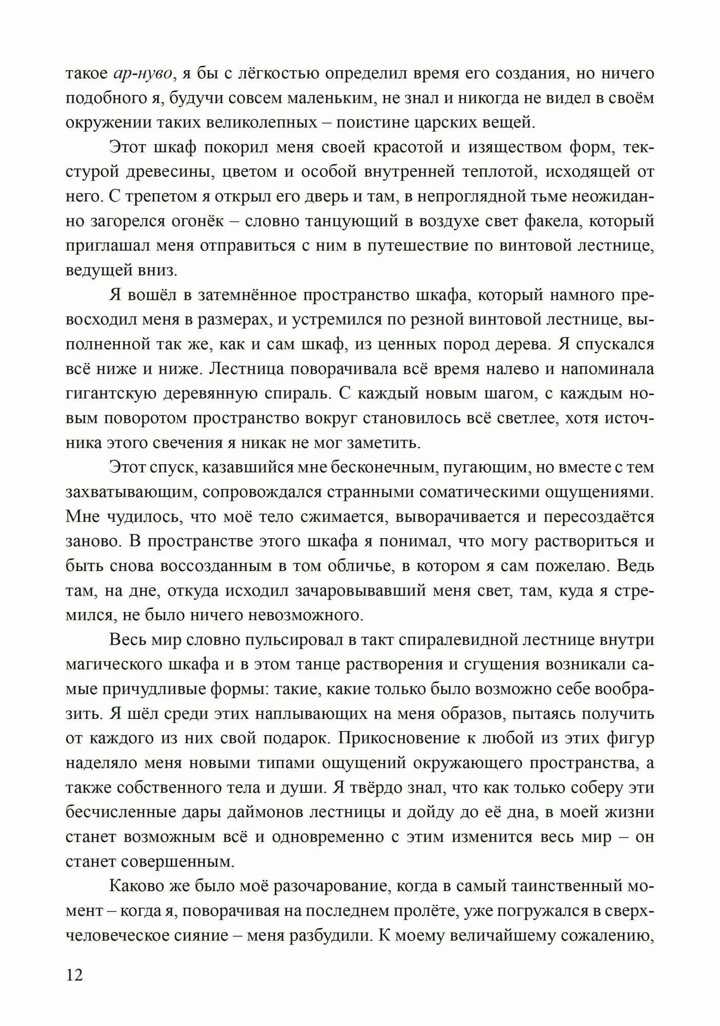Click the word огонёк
pos(204,222)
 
